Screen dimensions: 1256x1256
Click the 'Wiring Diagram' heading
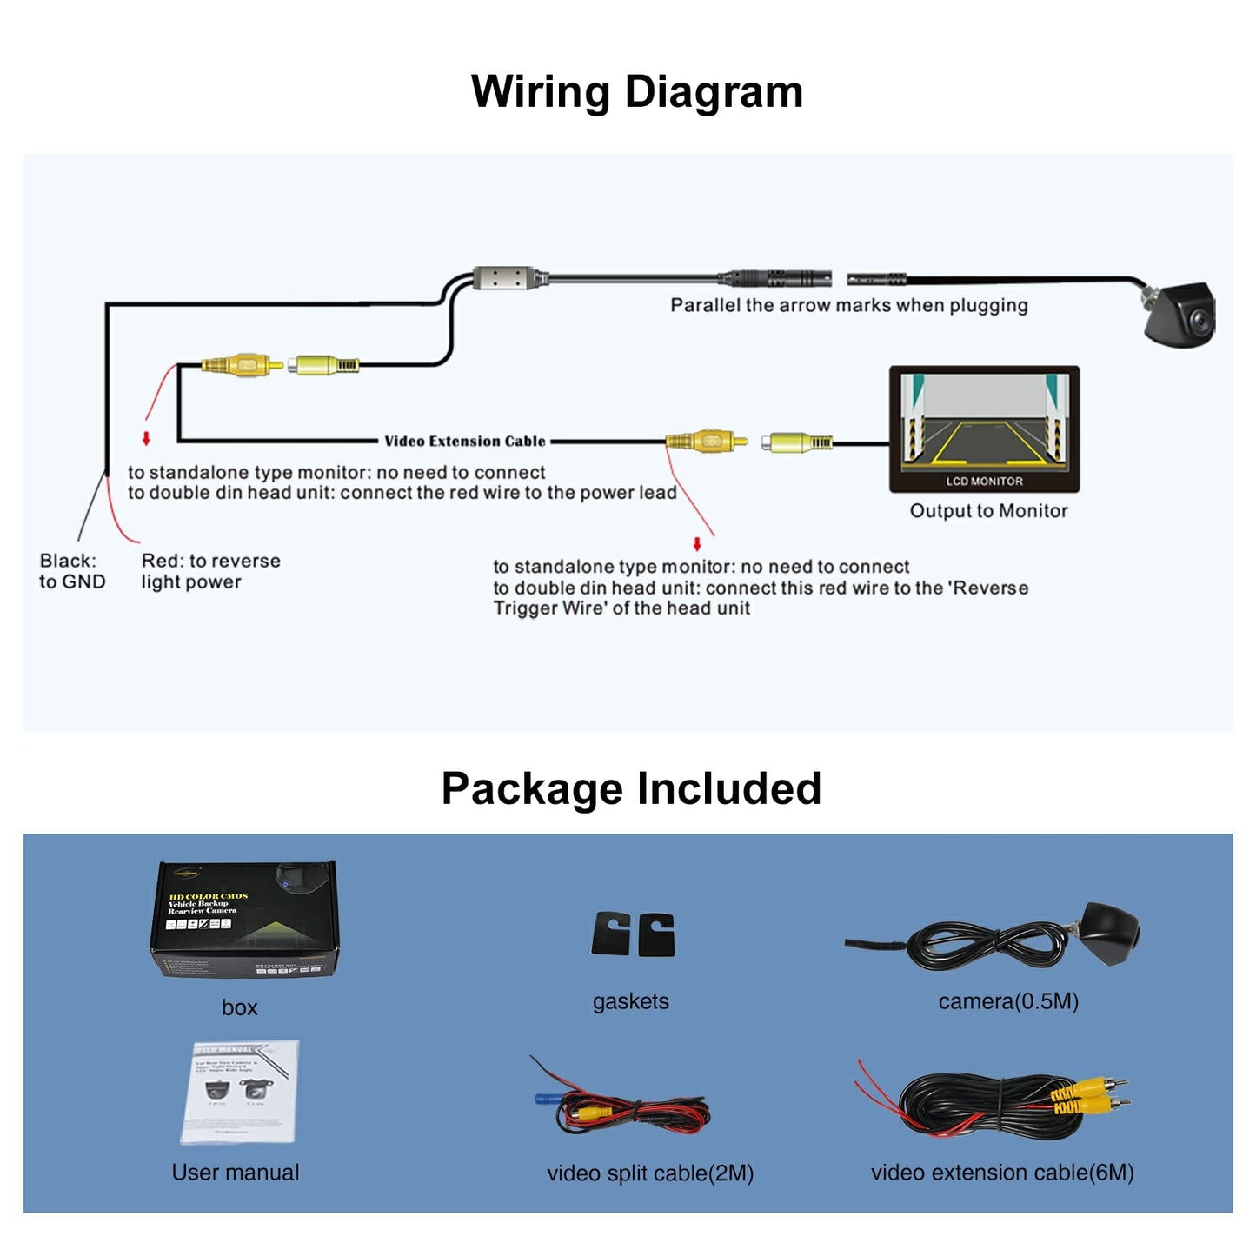pos(636,91)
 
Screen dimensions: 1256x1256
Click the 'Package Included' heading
pos(631,788)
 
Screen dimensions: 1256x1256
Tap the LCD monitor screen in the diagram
pos(984,421)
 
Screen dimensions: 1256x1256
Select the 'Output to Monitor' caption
pos(988,511)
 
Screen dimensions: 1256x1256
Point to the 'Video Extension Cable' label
pos(465,442)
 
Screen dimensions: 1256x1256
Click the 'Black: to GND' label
pos(71,571)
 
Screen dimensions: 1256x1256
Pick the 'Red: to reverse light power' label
pos(210,571)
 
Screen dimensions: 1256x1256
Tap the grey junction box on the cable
pos(504,278)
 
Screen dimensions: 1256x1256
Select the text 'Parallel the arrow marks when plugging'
pos(848,305)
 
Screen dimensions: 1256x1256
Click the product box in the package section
pos(244,919)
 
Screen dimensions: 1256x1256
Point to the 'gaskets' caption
pos(630,1001)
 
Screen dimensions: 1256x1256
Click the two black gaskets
pos(633,934)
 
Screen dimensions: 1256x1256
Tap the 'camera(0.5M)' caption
pos(1008,1001)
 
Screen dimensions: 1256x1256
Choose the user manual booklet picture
pos(240,1092)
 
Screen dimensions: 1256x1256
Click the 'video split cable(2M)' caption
pos(649,1173)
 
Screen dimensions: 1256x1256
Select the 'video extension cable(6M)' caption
pos(1002,1173)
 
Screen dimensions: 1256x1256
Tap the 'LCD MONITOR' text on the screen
pos(984,481)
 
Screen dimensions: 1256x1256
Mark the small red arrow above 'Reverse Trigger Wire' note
pos(697,544)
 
